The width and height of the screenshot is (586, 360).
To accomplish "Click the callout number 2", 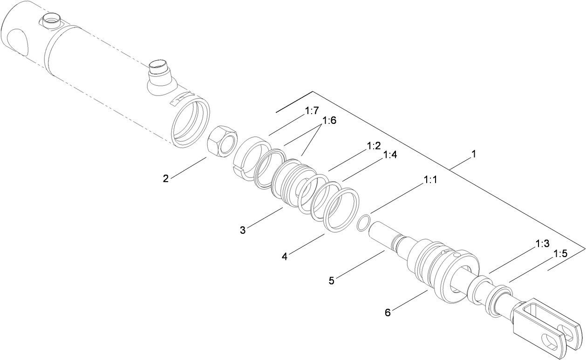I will pos(166,178).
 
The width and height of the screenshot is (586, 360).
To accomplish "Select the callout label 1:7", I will pos(312,111).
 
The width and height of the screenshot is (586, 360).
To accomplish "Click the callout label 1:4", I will pos(390,155).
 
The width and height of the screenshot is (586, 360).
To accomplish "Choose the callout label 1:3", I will pos(543,244).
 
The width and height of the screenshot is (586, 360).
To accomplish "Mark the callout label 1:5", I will pos(561,254).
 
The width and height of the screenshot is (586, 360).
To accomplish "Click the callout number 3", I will pos(243,230).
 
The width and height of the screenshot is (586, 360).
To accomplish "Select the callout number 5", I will pos(332,280).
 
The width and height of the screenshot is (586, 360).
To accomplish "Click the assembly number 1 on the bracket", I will pos(473,154).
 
